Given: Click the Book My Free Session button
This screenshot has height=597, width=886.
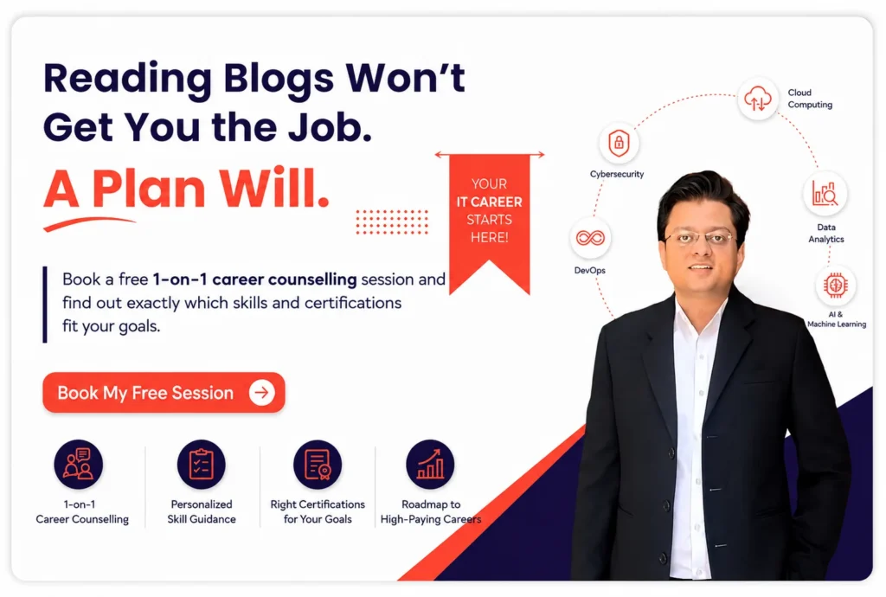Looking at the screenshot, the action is pos(164,393).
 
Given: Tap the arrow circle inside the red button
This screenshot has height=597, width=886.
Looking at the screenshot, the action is pos(261,393).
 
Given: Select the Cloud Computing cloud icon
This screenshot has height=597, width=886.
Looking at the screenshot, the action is pos(758,99).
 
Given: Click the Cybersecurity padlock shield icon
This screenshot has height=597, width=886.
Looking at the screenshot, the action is pos(619,143).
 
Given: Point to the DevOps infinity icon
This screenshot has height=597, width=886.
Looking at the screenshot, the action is pos(590,238).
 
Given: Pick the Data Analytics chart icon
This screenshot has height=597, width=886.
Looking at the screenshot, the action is pos(825,193).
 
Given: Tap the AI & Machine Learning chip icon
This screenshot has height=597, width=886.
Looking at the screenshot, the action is pos(835,285).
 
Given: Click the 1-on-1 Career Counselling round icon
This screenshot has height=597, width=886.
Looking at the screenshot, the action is pos(79,465).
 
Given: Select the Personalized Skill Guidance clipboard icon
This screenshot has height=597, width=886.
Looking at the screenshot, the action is pos(201,465).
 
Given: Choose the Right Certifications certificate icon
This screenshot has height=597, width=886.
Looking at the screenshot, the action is pos(318,465).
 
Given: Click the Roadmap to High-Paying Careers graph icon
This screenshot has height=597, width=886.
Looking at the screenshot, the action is pos(430,465).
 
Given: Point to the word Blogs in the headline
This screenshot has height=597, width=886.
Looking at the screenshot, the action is pos(279,80).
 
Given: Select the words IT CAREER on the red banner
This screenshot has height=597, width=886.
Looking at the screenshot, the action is pos(490,202).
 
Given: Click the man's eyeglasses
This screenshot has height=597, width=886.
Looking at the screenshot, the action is pos(699,238).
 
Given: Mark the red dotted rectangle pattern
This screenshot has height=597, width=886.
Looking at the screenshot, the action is pos(392,221).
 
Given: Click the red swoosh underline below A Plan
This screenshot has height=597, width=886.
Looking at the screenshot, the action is pos(89,223).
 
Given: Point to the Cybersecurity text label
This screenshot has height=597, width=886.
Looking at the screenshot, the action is pos(617,174).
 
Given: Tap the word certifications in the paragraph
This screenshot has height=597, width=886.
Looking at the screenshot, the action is pos(353,303).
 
